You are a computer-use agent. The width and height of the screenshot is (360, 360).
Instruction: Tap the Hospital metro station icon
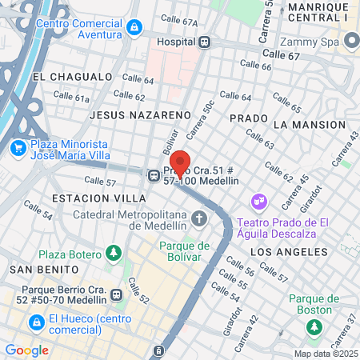coord(205,42)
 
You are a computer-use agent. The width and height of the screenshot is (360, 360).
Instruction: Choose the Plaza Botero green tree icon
coord(114,254)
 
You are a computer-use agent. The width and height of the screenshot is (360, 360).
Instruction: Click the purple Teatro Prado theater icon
coord(258,200)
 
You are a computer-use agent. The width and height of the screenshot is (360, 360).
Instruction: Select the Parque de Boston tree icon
coord(314,327)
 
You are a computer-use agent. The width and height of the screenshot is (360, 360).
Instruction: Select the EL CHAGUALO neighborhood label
coord(72,77)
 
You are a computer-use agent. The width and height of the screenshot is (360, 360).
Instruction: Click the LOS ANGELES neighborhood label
coord(290,251)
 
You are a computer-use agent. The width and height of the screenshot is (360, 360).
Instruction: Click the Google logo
coord(26,350)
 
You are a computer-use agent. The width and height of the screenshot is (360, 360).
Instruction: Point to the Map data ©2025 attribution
coord(325,354)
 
